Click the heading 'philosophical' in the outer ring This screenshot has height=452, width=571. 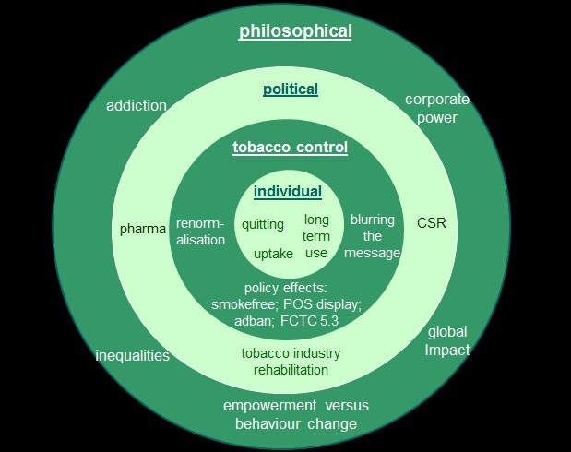pos(295,31)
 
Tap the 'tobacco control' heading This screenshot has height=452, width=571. pos(289,148)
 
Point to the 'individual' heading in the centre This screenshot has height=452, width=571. pos(289,192)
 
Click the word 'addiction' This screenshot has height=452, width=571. pos(137,105)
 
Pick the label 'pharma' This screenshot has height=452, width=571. pos(142,227)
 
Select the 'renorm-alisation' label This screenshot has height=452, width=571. pos(201,232)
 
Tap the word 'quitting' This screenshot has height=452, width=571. pos(263,224)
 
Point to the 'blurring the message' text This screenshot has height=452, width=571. pos(373,236)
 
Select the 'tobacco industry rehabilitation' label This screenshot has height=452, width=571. pos(290,361)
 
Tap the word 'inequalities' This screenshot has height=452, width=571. pos(133,355)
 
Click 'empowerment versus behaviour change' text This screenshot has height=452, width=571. pos(290,415)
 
